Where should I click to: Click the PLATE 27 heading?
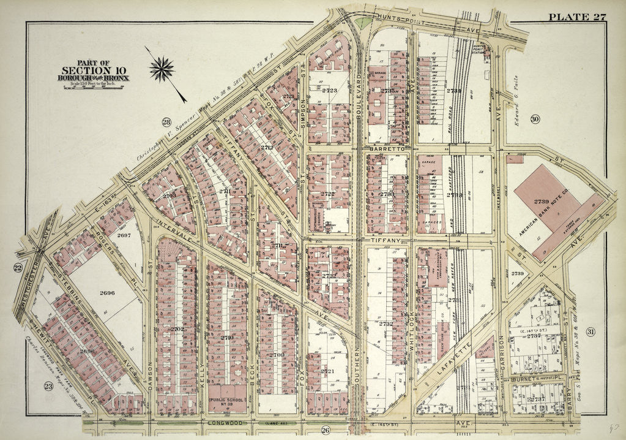(x=576, y=17)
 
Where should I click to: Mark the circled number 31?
(x=590, y=332)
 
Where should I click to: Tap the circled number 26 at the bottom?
(x=326, y=430)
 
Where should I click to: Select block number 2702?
(x=177, y=329)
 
